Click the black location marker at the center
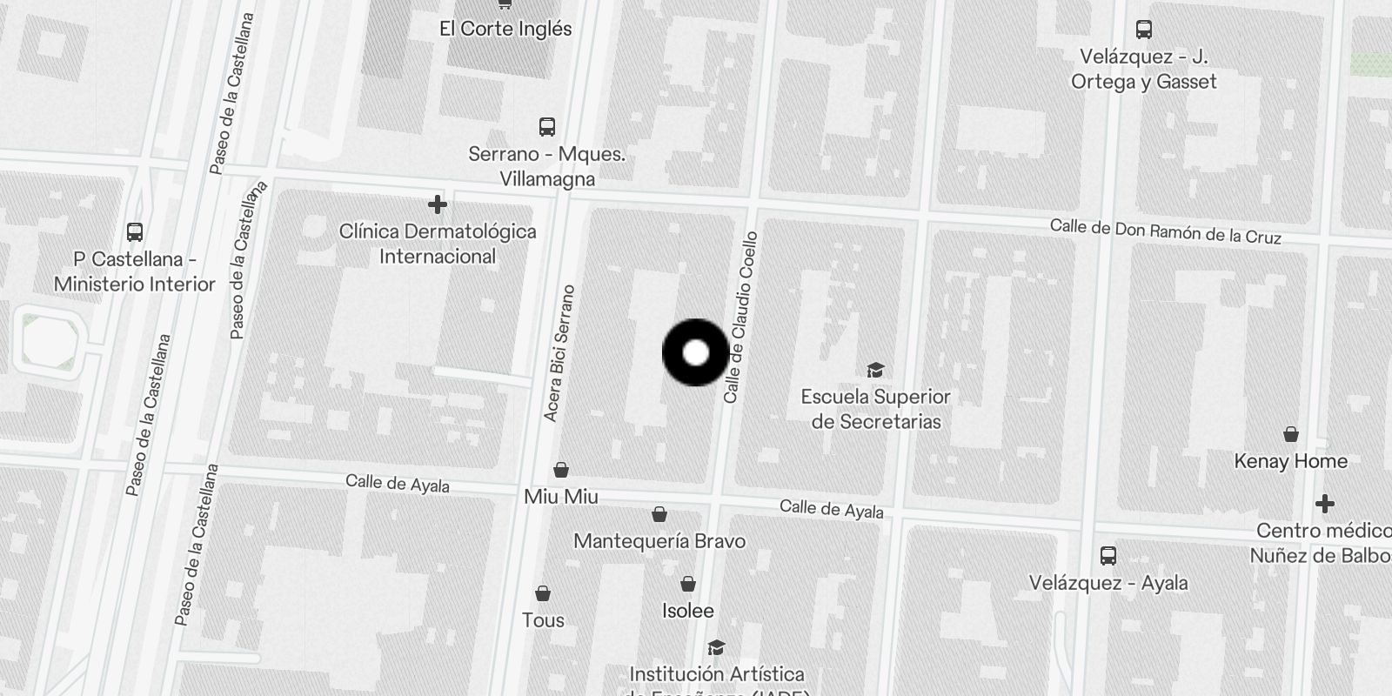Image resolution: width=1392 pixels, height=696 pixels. pos(695,353)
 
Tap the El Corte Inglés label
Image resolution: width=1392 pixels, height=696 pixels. pos(505,29)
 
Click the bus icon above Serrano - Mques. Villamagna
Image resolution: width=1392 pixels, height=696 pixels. pos(546,127)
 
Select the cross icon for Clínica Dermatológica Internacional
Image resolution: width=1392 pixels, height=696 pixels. pos(438,204)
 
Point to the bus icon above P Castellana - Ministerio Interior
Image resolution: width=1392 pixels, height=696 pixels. pos(135,232)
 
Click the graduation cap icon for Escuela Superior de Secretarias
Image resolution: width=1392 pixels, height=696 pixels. pos(875,370)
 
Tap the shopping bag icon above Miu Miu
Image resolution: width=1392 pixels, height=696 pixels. pos(561,470)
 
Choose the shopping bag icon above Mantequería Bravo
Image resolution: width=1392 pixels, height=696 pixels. pos(659,514)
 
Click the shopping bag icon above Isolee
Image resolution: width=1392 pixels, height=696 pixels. pos(687,584)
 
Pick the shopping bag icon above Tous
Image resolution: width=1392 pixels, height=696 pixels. pos(543,593)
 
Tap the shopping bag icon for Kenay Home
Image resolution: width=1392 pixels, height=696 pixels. pos(1291,434)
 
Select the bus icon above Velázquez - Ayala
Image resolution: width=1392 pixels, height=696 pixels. pos(1108,555)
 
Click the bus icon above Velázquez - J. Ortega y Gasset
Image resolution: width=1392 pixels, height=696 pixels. pos(1144,30)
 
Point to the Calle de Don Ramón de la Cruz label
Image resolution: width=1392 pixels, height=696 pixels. pos(1165,231)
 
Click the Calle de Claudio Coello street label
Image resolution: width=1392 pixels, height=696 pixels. pos(741,318)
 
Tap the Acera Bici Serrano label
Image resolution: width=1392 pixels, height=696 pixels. pos(559,353)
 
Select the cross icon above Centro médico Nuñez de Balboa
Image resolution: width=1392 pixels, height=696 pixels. pos(1324,504)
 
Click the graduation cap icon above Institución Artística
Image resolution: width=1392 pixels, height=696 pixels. pos(716,647)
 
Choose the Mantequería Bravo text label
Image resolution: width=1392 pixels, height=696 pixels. pos(659,541)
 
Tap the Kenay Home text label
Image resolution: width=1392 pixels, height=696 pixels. pos(1290,461)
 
